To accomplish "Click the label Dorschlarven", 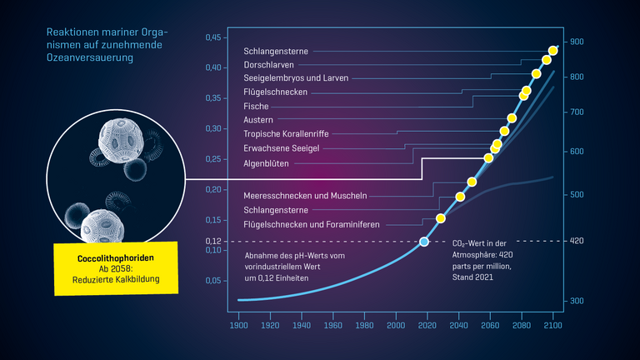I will [267, 64].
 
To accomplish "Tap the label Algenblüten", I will [267, 163].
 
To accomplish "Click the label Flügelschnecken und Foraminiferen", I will [312, 224].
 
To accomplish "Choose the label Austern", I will [258, 120].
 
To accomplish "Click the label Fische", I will [256, 106].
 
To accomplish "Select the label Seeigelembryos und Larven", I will [296, 77].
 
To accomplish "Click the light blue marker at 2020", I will [424, 242].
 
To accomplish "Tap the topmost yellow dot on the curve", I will [553, 51].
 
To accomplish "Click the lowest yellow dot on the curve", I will [441, 218].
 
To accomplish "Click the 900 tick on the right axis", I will [577, 42].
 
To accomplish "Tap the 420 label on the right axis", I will [577, 241].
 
